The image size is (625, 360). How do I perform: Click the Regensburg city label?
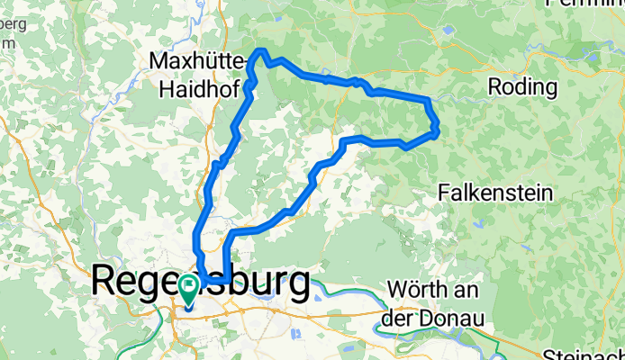[202, 282]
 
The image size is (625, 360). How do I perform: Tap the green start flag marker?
[189, 288]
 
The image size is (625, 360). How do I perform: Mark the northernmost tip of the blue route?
[262, 50]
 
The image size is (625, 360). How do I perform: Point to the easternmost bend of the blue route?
[437, 132]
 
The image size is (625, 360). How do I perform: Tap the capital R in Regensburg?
[105, 282]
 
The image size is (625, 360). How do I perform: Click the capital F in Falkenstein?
[445, 191]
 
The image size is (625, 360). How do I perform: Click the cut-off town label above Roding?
[585, 4]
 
